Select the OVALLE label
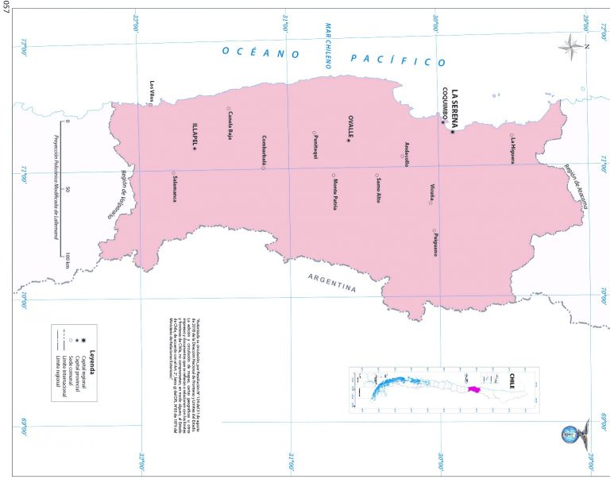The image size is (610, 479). pyautogui.click(x=350, y=127)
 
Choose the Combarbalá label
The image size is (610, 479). pyautogui.click(x=264, y=149)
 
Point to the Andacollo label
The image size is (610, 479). pyautogui.click(x=407, y=153)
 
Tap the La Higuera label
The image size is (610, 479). pyautogui.click(x=513, y=149)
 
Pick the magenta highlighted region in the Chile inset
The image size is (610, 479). pyautogui.click(x=474, y=389)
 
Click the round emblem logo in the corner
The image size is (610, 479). pyautogui.click(x=570, y=434)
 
